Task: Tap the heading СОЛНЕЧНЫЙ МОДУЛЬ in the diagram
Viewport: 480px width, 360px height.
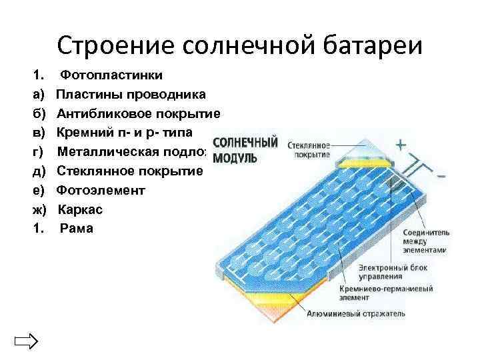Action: click(244, 150)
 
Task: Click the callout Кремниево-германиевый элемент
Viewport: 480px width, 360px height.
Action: click(386, 293)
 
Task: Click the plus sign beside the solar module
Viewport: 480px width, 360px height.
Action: click(401, 145)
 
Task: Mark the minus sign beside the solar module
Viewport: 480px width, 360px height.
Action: click(443, 176)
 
